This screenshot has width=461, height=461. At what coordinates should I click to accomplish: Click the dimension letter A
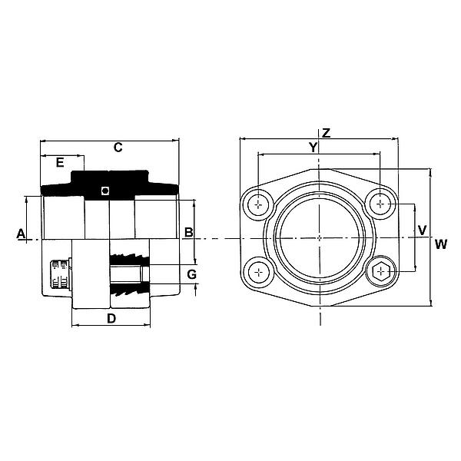click(x=22, y=233)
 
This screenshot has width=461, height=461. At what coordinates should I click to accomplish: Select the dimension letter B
click(x=188, y=233)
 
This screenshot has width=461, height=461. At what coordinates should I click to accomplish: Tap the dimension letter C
click(x=118, y=148)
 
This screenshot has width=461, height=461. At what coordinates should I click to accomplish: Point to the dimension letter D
click(x=111, y=318)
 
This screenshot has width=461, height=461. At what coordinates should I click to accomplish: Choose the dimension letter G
click(x=192, y=274)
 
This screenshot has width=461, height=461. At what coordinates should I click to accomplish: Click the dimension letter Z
click(x=326, y=133)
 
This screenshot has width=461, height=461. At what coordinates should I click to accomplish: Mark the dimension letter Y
click(x=312, y=147)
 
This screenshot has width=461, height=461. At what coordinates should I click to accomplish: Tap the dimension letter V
click(x=421, y=230)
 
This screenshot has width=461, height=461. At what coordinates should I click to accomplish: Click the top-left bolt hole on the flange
click(x=261, y=204)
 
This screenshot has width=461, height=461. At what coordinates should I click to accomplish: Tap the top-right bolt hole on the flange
click(x=380, y=204)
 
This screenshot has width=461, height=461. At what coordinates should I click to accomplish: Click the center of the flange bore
click(x=320, y=237)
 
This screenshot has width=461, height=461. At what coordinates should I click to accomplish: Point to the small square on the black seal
click(x=107, y=191)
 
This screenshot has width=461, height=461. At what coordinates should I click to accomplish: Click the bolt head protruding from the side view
click(x=59, y=274)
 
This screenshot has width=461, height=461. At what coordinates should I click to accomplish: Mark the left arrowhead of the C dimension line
click(x=42, y=141)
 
